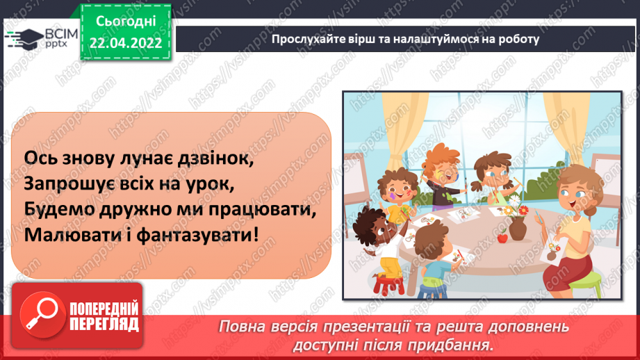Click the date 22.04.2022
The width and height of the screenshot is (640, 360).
pos(125,43)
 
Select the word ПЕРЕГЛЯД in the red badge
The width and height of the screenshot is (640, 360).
pos(104,324)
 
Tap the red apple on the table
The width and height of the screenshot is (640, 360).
pos(502,237)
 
